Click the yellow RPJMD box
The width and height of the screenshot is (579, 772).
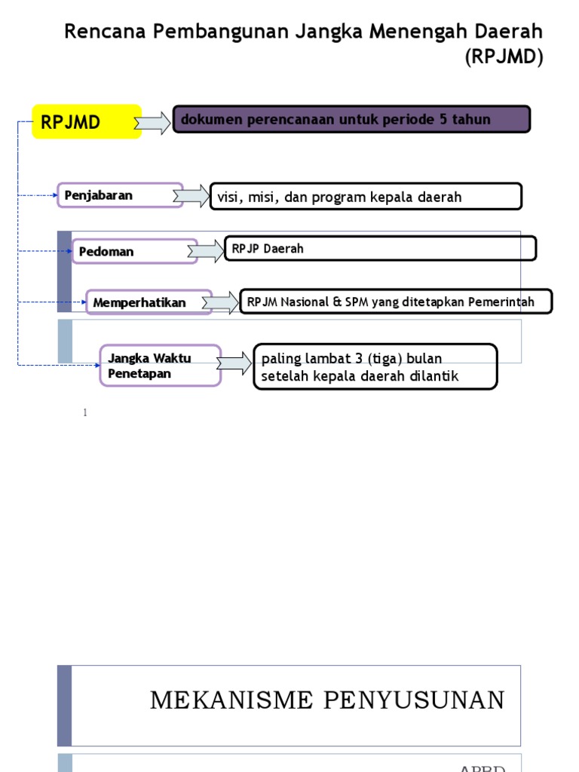87,122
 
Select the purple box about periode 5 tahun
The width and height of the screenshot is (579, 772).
352,120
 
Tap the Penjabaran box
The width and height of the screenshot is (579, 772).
121,195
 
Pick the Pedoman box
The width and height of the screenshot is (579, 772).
134,251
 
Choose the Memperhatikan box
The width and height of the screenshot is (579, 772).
149,302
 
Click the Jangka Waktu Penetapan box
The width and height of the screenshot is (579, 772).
161,366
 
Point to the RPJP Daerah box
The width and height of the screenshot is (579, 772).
381,249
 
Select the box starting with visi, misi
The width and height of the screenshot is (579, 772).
366,197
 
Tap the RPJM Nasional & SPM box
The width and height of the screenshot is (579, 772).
395,302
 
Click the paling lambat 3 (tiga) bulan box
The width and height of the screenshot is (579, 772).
375,367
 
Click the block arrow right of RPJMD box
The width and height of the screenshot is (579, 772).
153,123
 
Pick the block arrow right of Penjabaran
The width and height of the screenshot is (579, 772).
191,197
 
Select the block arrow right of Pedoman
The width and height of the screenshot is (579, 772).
206,251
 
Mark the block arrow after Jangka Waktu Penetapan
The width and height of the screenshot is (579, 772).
234,364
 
